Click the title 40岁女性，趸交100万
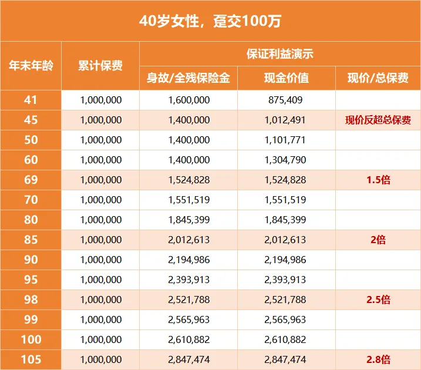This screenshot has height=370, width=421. (210, 21)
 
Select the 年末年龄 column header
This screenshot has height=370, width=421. (31, 65)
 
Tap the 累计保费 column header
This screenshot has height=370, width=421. (100, 65)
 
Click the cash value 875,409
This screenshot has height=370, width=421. (286, 100)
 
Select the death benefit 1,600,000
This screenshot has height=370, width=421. (188, 100)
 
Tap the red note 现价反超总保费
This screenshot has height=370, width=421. (378, 120)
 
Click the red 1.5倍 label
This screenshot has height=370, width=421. (378, 180)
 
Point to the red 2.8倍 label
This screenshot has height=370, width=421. (378, 359)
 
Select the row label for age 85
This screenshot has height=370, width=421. (31, 240)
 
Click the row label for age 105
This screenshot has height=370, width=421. (31, 359)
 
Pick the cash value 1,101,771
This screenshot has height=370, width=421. (286, 140)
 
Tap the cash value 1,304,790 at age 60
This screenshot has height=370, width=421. (286, 160)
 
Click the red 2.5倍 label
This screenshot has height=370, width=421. (378, 300)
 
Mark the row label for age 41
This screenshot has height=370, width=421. (31, 100)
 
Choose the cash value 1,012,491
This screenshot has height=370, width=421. (286, 120)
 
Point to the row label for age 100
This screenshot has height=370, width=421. (31, 339)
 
